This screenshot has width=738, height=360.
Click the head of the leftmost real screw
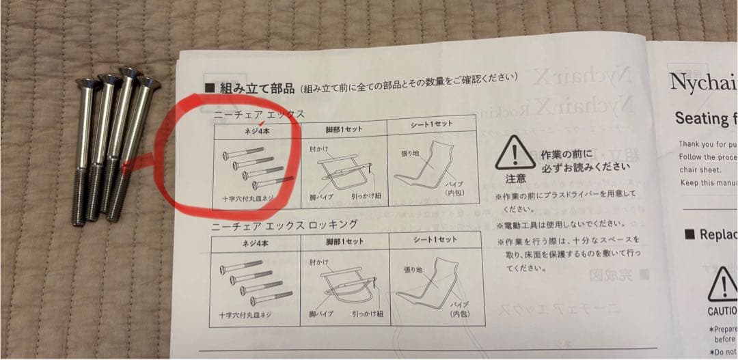point(87,84)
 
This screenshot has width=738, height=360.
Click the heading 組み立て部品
point(257,88)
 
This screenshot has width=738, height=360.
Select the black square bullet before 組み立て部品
point(210,87)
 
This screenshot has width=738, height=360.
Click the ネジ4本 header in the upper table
point(256,129)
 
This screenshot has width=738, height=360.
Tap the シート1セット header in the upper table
point(432,126)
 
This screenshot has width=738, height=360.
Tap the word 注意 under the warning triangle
point(515,179)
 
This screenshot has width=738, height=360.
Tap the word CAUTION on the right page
point(722,311)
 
